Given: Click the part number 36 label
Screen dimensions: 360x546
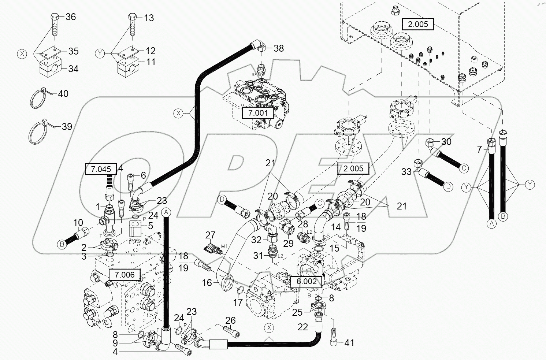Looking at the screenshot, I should [70, 17].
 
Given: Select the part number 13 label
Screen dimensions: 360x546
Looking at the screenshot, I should [149, 18].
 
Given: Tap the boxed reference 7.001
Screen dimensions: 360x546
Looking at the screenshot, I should [258, 113].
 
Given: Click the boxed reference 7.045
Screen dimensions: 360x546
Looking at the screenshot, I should [100, 169].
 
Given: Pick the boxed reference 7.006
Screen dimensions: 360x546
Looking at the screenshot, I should [125, 274].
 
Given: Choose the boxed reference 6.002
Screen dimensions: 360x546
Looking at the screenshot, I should [306, 281].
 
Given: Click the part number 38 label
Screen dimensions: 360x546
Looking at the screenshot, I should [279, 48].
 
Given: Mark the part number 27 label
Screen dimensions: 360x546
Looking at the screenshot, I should [210, 235].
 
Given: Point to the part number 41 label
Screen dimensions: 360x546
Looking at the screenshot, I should [349, 343].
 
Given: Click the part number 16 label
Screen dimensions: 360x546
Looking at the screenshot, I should [207, 282].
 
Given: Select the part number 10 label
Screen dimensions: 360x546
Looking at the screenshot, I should [78, 223].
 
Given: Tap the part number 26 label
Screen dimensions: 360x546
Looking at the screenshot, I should [230, 321].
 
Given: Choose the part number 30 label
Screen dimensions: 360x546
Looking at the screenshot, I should [446, 142].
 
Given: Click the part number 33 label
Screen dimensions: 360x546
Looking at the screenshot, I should [406, 171].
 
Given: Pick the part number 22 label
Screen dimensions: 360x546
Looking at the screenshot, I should [302, 327].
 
